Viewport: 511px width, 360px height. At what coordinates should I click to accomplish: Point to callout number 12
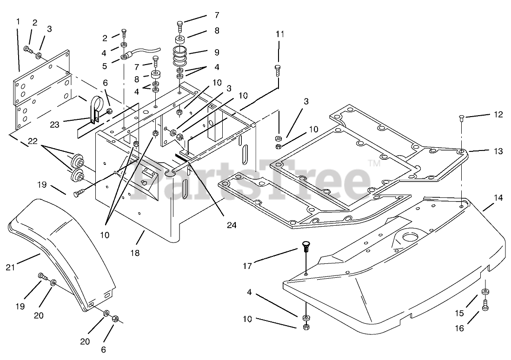coord(498,115)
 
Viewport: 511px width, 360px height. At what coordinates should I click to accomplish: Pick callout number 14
coord(498,197)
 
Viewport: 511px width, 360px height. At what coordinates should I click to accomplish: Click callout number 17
coord(247,266)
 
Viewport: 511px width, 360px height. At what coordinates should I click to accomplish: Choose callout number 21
coord(11,267)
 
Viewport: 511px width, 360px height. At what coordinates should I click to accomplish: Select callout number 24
coord(231,225)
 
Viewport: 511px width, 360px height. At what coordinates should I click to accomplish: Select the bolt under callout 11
coord(278,70)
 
